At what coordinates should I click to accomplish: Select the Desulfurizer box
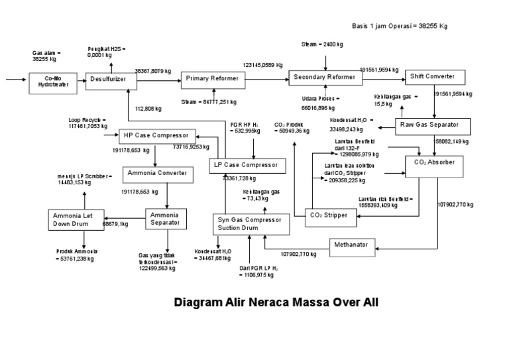[x=111, y=80]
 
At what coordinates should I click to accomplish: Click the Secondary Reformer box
[x=325, y=78]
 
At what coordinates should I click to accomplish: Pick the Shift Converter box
[x=431, y=77]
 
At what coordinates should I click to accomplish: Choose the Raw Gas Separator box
[x=433, y=125]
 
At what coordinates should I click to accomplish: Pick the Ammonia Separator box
[x=166, y=219]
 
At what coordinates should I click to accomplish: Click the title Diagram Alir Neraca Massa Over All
[x=276, y=303]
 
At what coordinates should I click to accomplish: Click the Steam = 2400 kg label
[x=322, y=44]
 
